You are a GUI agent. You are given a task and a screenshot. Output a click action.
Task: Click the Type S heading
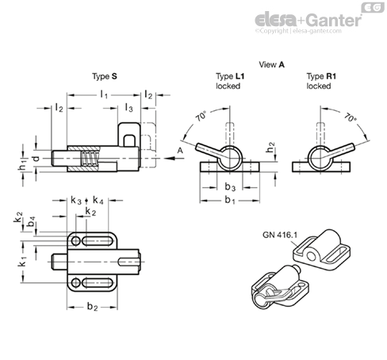pos(105,76)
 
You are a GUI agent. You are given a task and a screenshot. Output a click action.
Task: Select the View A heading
pos(271,64)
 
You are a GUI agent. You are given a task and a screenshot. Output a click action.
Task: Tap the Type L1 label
pos(230,76)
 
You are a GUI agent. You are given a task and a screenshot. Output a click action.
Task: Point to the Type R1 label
pos(321,76)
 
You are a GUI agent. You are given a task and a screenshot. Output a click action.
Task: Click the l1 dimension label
pos(104,94)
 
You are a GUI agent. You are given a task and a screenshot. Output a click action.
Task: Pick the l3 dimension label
pos(128,108)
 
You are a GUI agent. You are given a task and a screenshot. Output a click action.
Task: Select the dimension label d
pos(36,159)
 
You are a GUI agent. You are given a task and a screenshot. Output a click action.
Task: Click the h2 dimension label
pos(270,147)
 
